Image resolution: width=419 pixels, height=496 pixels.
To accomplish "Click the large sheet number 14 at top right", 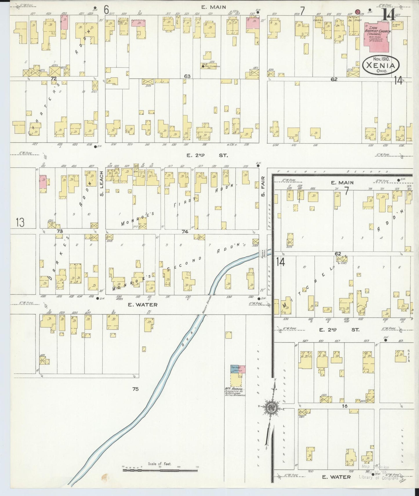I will [x=388, y=15].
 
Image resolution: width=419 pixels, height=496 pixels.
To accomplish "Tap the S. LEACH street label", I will [x=101, y=183].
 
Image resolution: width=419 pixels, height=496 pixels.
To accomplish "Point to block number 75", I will [x=135, y=389].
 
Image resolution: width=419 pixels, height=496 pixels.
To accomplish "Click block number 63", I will [x=187, y=76].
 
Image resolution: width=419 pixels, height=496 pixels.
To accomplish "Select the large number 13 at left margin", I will [x=20, y=222].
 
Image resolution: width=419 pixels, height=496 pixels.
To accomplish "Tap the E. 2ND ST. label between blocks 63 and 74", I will [x=207, y=155].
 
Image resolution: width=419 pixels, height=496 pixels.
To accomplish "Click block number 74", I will [x=185, y=231].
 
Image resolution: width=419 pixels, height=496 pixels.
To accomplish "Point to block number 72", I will [x=53, y=78].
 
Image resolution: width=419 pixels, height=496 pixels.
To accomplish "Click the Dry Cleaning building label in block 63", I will [x=212, y=66].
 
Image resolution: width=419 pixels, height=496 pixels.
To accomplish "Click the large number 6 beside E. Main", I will [x=106, y=10].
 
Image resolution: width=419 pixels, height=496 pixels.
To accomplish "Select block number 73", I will [x=60, y=231].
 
